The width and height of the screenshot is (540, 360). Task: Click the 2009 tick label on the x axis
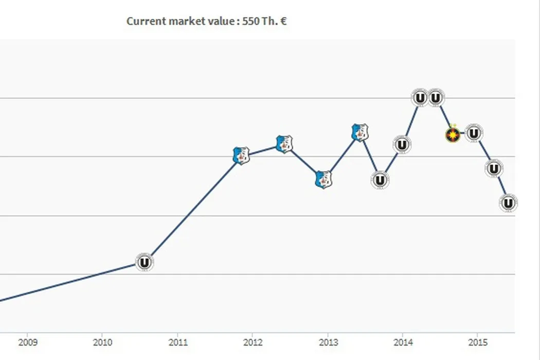pos(28,342)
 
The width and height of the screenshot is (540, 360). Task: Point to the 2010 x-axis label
pos(102,342)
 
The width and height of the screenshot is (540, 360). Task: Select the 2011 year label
pos(178,342)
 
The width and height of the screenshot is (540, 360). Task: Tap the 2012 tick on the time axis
pos(253,342)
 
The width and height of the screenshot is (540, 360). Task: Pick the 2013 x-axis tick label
pos(328,342)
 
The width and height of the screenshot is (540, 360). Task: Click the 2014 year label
pos(403,342)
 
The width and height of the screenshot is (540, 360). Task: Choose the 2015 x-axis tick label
pos(478,342)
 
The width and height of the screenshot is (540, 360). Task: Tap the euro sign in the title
pos(283,21)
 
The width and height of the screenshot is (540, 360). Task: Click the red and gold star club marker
pos(452,135)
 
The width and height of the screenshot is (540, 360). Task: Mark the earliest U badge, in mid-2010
pos(145,262)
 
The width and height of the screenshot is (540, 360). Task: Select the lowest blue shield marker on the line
pos(323,179)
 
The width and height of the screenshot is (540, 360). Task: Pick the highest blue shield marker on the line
pos(359,133)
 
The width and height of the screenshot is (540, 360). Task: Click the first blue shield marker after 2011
pos(241,155)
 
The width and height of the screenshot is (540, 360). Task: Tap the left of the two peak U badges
pos(420,97)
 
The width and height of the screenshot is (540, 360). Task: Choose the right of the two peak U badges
pos(436,97)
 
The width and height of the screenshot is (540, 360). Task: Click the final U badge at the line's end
pos(508,203)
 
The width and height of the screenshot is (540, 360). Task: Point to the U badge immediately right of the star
pos(474,133)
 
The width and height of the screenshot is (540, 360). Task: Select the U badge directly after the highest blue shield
pos(380,180)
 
